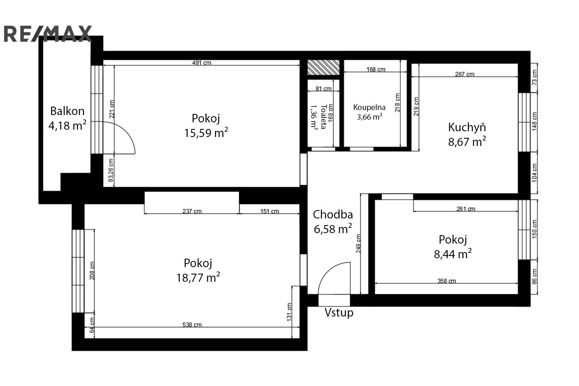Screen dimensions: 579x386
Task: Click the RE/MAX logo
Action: coord(48,34)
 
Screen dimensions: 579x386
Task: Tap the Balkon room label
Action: coord(67,111)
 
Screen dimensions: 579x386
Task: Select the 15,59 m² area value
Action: coord(206,133)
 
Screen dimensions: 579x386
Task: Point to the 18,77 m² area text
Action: coord(198,278)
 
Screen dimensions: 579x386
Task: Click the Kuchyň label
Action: coord(467,127)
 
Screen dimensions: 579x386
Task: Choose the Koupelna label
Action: coord(369,107)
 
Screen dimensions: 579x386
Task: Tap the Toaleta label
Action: coord(323,117)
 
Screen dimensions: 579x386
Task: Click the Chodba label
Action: coord(333,215)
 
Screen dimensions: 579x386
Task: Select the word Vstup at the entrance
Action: coord(339,313)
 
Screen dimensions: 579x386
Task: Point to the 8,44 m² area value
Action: coord(453,254)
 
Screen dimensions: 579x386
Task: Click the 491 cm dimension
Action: coord(201,63)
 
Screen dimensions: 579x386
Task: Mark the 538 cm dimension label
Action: coord(192,325)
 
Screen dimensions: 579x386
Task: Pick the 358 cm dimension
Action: coord(447,281)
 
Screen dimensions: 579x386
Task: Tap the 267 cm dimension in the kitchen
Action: coord(465,74)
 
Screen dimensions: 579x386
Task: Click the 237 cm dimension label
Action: coord(192,211)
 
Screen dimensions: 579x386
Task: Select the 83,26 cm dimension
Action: coord(111,170)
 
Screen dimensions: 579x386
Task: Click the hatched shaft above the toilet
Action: coord(323,68)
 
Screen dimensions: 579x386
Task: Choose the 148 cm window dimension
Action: coord(535,121)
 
